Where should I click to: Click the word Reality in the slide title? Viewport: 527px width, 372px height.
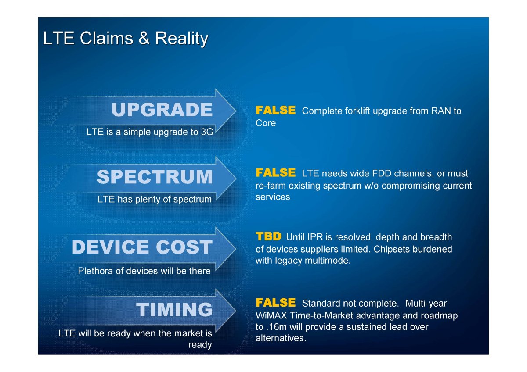point(181,39)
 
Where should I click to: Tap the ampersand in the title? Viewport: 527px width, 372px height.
point(144,38)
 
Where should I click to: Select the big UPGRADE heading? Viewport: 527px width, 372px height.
point(162,110)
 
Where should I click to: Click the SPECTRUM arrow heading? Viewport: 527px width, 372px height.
point(155,177)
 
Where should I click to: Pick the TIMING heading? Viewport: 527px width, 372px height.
point(174,310)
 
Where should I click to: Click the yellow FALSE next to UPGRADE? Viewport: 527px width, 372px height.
point(275,110)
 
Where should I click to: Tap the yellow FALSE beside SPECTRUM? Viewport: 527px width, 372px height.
point(275,173)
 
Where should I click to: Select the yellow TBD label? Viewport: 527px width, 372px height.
point(268,236)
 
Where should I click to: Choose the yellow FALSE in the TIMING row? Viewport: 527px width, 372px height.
point(275,303)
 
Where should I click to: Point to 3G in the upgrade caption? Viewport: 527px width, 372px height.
point(207,132)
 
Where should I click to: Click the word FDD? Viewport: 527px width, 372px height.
point(381,173)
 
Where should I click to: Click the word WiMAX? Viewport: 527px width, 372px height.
point(271,315)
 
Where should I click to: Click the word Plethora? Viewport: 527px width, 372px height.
point(95,271)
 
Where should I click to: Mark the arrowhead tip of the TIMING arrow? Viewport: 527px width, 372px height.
point(236,310)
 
